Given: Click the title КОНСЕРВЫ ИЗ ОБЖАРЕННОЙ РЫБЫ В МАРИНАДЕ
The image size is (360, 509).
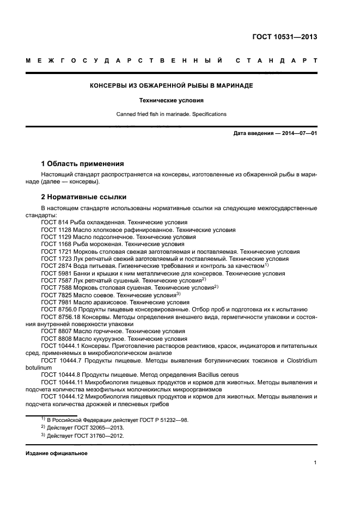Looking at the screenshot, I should pyautogui.click(x=171, y=86).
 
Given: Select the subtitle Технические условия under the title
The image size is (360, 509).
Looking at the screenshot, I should pyautogui.click(x=171, y=100).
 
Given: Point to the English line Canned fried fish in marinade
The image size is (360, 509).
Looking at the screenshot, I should pyautogui.click(x=171, y=114).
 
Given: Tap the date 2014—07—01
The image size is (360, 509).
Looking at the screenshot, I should pyautogui.click(x=297, y=133).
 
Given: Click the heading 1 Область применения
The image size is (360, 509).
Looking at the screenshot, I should pyautogui.click(x=82, y=163).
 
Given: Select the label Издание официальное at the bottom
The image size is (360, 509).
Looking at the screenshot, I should pyautogui.click(x=57, y=453).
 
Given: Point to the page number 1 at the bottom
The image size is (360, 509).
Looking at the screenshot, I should pyautogui.click(x=315, y=463).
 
